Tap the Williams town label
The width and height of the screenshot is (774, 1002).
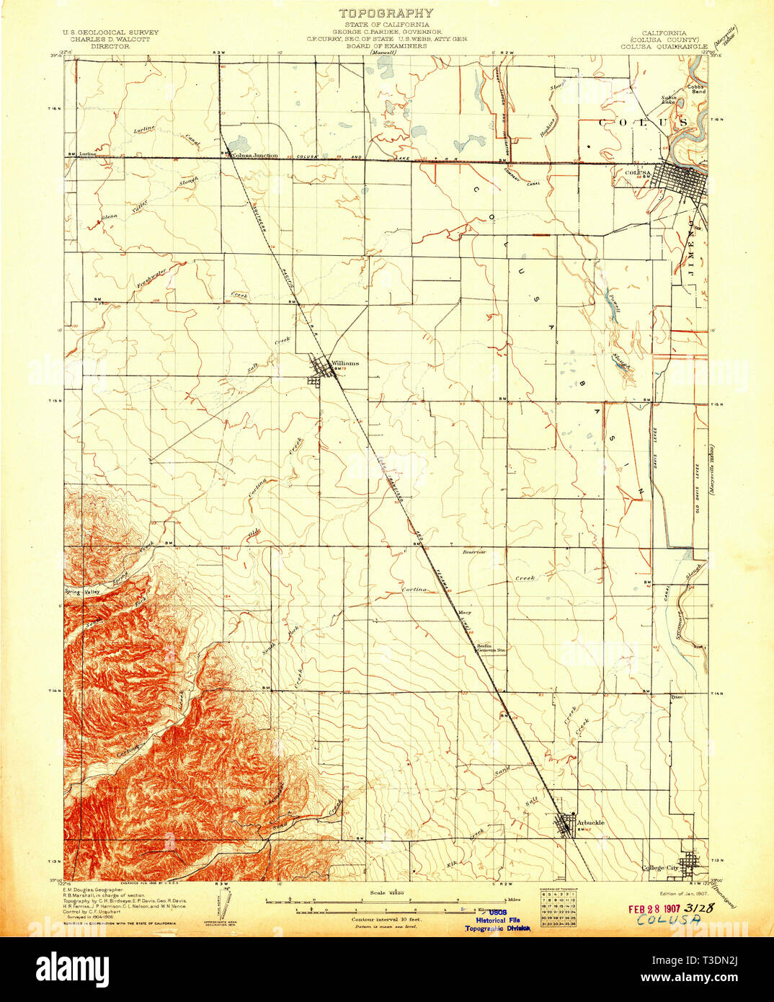344,363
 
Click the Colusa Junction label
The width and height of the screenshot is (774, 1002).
254,155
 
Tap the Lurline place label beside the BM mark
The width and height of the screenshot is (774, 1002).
88,154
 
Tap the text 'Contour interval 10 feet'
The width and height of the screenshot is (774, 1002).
386,921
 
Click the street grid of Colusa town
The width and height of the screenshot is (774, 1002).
678,177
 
